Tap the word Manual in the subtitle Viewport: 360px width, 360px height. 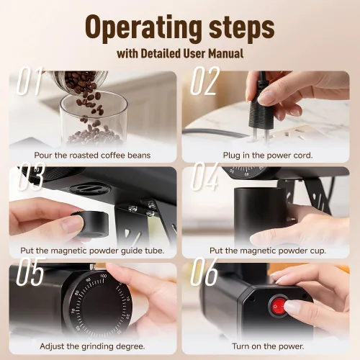pyautogui.click(x=226, y=53)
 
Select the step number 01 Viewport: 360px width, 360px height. pyautogui.click(x=30, y=81)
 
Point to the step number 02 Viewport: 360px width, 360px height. pyautogui.click(x=205, y=81)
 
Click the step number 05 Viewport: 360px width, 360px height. pyautogui.click(x=30, y=271)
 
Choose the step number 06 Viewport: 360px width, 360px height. pyautogui.click(x=204, y=271)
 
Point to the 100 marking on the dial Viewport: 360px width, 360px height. pyautogui.click(x=104, y=276)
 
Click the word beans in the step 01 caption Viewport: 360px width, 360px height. pyautogui.click(x=139, y=156)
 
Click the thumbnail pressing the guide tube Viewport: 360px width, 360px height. pyautogui.click(x=72, y=223)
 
